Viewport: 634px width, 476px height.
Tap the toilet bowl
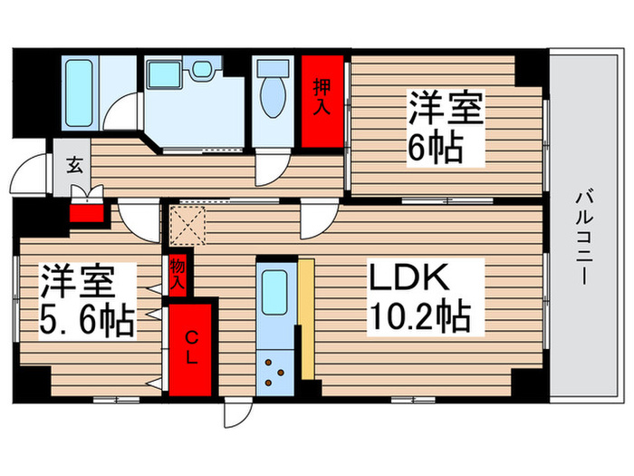click(x=270, y=92)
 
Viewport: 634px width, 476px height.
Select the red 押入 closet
click(x=322, y=100)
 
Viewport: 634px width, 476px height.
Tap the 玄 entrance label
click(x=72, y=167)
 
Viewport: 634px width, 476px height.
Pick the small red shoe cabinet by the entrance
click(x=89, y=214)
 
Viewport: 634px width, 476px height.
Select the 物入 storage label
click(x=178, y=275)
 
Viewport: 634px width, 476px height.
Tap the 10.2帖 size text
click(x=418, y=317)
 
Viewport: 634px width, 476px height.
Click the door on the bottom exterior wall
click(x=236, y=413)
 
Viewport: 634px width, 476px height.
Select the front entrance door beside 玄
click(x=34, y=172)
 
